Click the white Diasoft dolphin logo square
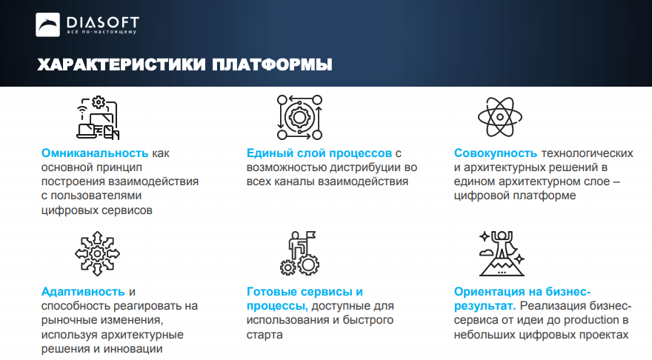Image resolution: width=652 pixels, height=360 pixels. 47,24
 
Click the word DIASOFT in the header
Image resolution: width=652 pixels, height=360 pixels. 103,22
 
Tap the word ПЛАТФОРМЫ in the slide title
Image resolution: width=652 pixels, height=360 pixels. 272,65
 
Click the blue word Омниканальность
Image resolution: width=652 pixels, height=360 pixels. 95,153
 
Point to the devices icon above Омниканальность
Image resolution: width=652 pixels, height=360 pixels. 98,117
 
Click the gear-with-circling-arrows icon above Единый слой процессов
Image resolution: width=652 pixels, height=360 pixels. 299,117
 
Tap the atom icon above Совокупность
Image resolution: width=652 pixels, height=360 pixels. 500,117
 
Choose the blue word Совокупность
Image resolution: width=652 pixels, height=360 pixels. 495,153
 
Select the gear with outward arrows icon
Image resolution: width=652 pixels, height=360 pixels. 97,253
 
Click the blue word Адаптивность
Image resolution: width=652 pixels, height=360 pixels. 83,292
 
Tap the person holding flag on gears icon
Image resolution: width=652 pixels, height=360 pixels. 299,253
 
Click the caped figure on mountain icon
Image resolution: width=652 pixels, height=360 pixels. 502,253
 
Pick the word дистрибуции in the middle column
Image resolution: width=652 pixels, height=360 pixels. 359,167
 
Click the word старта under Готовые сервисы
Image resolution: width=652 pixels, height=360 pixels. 265,335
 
